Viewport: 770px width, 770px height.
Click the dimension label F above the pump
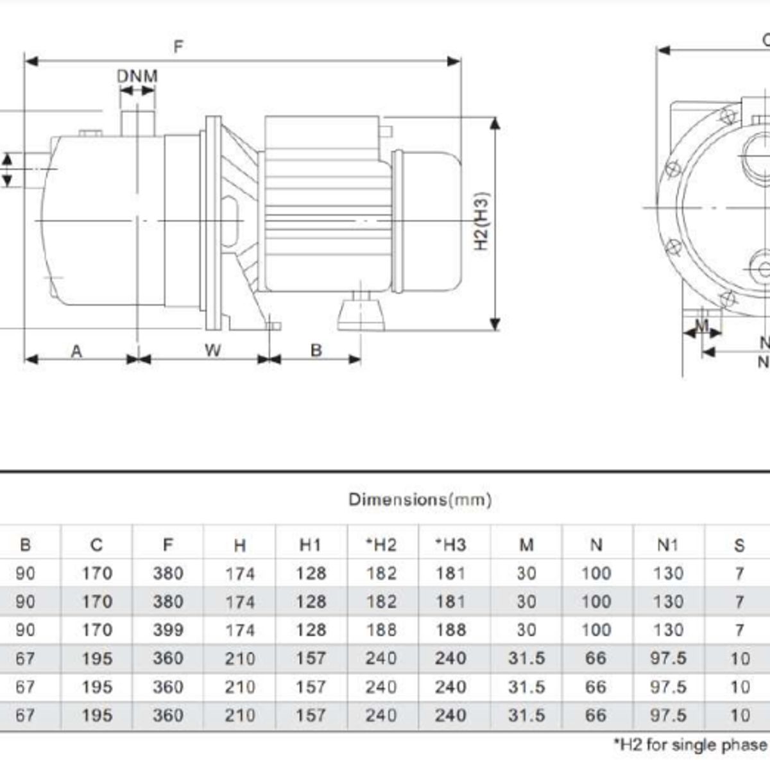point(178,47)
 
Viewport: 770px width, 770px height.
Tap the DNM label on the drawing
point(137,76)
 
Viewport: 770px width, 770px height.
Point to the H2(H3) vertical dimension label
point(481,221)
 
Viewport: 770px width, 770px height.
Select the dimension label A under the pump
point(76,352)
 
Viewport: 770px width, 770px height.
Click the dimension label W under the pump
point(212,350)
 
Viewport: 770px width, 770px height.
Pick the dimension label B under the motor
point(316,350)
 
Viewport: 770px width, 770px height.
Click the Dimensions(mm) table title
point(420,499)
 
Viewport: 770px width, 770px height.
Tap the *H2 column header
point(381,545)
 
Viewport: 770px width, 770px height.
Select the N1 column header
point(668,545)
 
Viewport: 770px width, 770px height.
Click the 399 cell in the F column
point(168,630)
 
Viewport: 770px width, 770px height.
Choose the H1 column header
point(311,545)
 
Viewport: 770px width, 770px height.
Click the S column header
point(739,545)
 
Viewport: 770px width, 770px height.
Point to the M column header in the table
point(526,545)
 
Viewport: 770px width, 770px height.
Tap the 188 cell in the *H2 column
point(381,630)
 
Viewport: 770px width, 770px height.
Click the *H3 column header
point(450,545)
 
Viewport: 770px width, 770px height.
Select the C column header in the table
point(97,545)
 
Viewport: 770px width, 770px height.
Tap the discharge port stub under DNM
point(138,123)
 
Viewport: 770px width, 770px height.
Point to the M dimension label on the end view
point(702,326)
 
